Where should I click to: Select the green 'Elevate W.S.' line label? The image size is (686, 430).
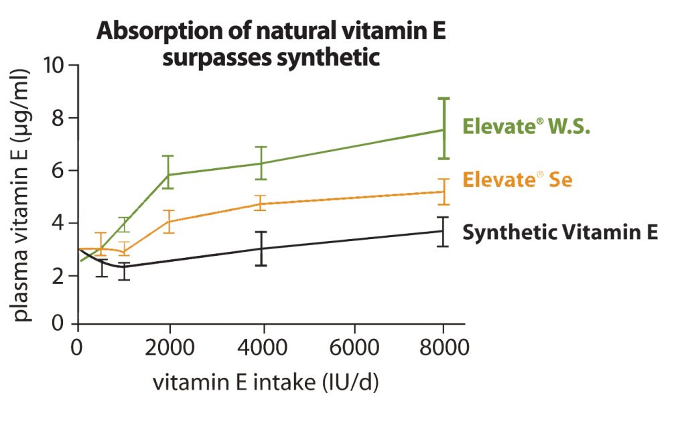(x=527, y=127)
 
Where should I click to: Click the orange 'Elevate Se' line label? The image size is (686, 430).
(x=517, y=180)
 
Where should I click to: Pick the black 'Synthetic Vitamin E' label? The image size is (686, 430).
(x=560, y=232)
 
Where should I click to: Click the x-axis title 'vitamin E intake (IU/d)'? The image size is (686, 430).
(x=266, y=384)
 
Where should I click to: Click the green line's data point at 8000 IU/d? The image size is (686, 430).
(x=443, y=130)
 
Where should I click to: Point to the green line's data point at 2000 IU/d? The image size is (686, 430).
(x=169, y=175)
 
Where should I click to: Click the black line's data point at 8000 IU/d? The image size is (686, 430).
(x=443, y=231)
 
